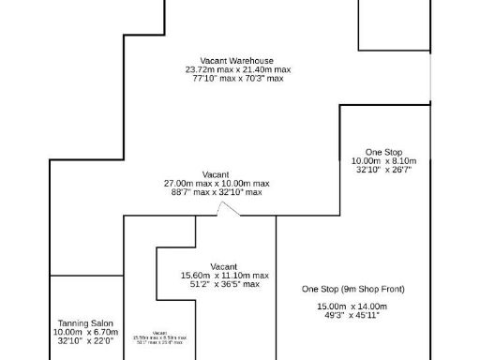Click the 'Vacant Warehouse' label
click(x=237, y=60)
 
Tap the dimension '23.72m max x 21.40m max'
click(x=237, y=69)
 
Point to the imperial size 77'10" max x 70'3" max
click(x=237, y=79)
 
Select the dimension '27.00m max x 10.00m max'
click(x=216, y=183)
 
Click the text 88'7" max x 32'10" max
click(x=216, y=192)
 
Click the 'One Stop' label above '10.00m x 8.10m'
click(x=383, y=152)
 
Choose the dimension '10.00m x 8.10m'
click(x=383, y=161)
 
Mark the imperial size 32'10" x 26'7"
click(x=383, y=170)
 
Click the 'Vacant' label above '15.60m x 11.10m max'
click(x=223, y=266)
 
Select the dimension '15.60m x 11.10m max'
click(x=224, y=276)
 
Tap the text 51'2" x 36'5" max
click(x=224, y=284)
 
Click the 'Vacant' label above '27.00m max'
click(x=216, y=174)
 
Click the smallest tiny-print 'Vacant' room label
click(x=159, y=332)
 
